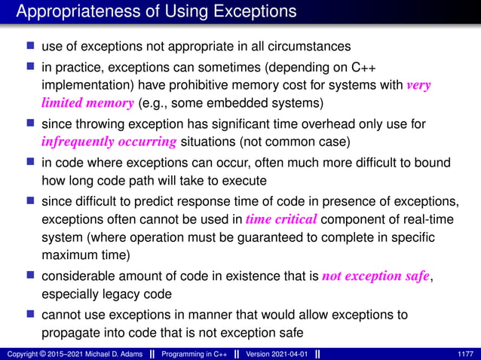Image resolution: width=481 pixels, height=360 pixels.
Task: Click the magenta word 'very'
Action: pyautogui.click(x=418, y=85)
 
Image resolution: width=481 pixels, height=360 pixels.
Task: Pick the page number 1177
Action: pyautogui.click(x=465, y=354)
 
